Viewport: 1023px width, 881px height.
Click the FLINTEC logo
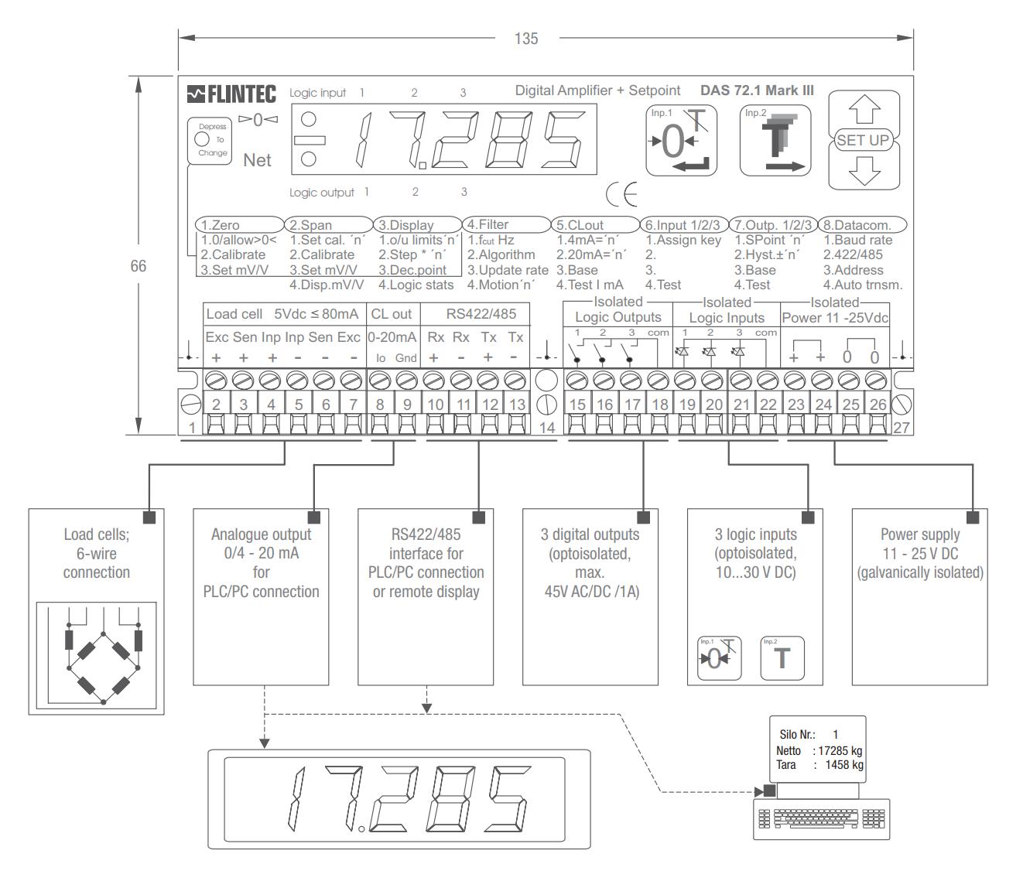tap(231, 95)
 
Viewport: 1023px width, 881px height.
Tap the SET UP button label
tap(864, 140)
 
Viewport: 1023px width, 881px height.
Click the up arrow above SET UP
tap(864, 112)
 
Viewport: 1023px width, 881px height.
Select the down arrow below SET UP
tap(864, 169)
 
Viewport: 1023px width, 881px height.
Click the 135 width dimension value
tap(525, 39)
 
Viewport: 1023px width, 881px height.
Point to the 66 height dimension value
tap(138, 266)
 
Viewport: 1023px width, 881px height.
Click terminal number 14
tap(546, 427)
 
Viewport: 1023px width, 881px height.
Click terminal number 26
tap(878, 404)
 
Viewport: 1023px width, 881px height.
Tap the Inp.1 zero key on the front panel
tap(682, 140)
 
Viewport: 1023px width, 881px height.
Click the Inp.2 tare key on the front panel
tap(775, 140)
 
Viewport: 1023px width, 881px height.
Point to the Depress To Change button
tap(209, 140)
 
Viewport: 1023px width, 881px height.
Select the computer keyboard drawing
tap(821, 819)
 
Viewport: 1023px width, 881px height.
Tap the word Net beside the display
tap(258, 160)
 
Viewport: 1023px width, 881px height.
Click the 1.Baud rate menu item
tap(857, 240)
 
